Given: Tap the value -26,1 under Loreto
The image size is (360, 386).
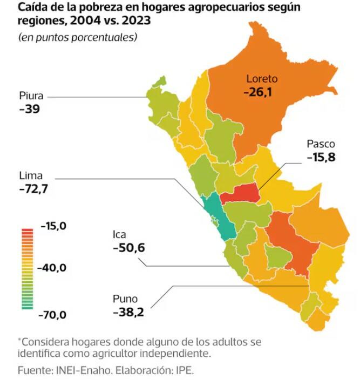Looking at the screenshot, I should tap(257, 92).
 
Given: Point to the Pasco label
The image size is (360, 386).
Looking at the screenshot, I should tap(321, 144).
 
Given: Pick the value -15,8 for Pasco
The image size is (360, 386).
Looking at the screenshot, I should tap(322, 158).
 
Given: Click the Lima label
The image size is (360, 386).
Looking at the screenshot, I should tap(30, 176).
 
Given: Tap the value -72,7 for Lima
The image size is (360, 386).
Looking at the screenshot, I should tap(37, 189).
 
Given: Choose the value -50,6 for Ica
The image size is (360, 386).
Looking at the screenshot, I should tap(129, 248).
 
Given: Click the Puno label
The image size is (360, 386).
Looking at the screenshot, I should tap(125, 299).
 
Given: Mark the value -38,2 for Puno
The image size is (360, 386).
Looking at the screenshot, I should tap(128, 312).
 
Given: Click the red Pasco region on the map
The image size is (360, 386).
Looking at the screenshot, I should tap(240, 193).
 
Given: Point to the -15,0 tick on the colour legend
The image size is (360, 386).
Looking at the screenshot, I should tap(53, 226).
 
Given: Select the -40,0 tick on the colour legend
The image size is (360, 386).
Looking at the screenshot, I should tap(53, 268).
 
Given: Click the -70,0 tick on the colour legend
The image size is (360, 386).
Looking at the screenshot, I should tap(53, 314).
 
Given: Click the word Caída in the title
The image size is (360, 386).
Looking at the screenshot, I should tap(32, 8).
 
